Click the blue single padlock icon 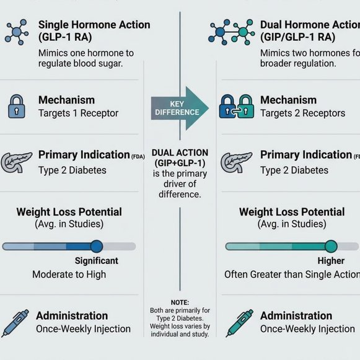click(17, 107)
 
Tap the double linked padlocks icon click(237, 107)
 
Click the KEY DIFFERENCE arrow click(180, 108)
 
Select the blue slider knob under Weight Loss click(97, 246)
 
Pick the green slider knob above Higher click(331, 246)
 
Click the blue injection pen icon click(15, 323)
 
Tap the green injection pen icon click(239, 323)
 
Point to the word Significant click(97, 261)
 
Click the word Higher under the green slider click(331, 261)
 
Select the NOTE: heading click(180, 302)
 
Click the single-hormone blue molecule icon click(17, 32)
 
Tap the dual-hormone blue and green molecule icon click(232, 32)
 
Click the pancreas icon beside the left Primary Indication click(16, 162)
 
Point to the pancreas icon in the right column click(236, 162)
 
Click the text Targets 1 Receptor click(78, 113)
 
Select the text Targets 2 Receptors click(302, 113)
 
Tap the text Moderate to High click(69, 274)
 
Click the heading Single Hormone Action click(94, 25)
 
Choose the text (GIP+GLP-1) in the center click(180, 163)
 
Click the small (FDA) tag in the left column click(138, 157)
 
